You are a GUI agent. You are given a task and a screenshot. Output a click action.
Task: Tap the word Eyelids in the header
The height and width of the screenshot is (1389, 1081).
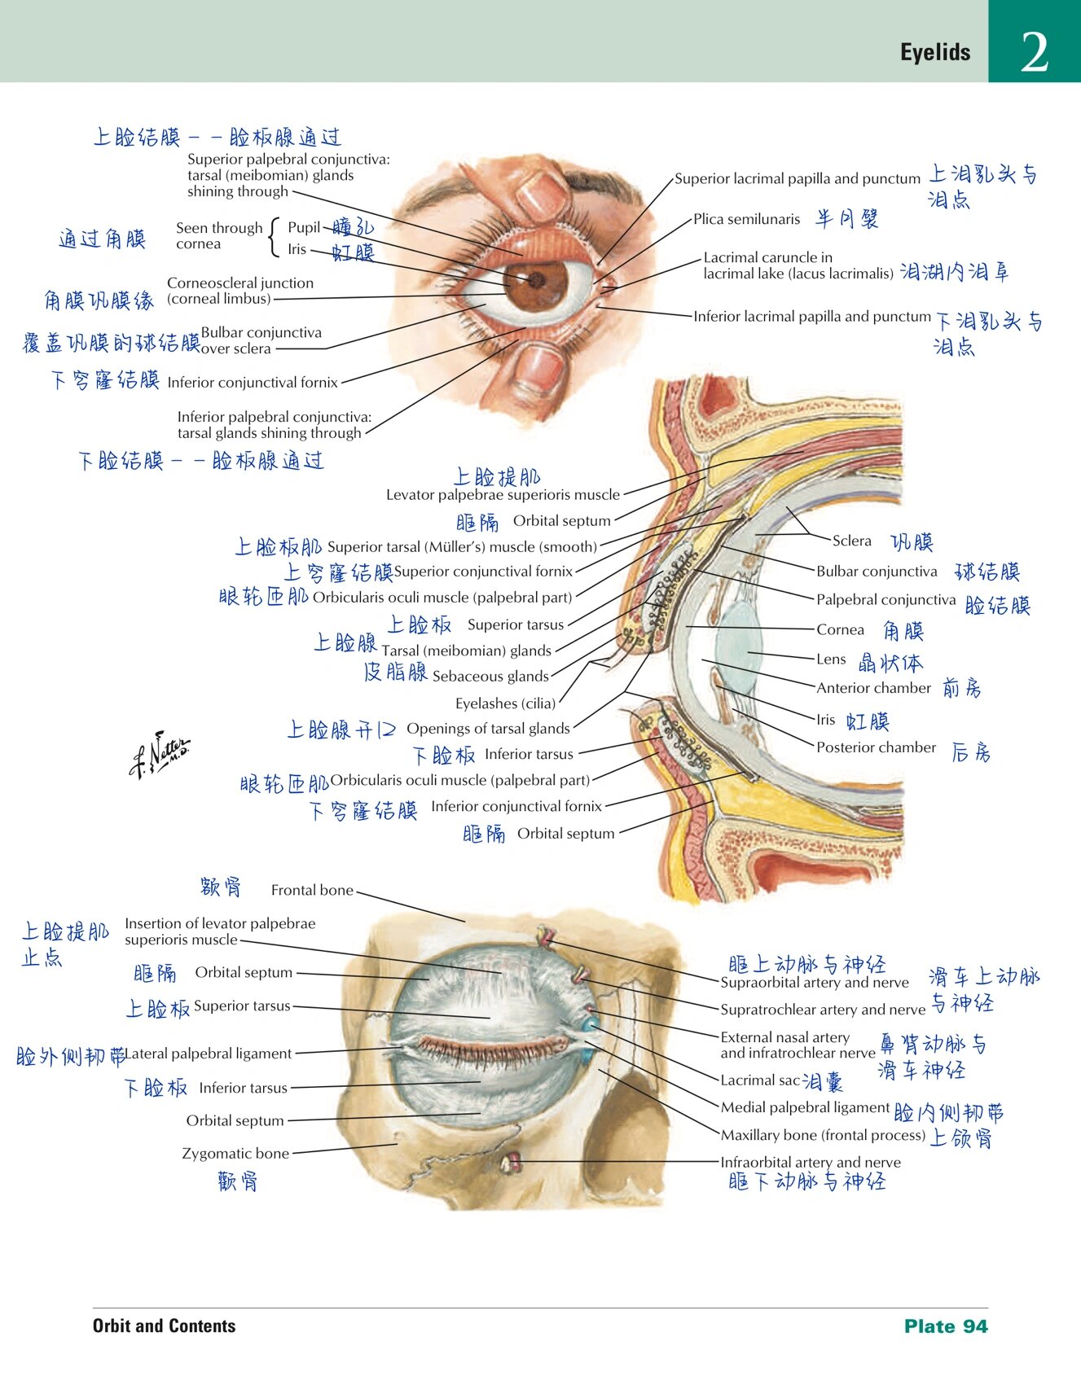tap(935, 53)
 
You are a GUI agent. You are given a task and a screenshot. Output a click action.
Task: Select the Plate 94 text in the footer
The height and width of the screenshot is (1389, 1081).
tap(945, 1326)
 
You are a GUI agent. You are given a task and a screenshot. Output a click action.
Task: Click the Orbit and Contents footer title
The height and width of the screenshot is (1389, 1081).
tap(164, 1325)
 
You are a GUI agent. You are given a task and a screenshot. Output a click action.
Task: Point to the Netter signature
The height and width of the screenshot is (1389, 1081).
tap(160, 754)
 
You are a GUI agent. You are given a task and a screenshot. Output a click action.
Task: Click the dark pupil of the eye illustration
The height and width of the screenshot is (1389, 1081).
tap(536, 280)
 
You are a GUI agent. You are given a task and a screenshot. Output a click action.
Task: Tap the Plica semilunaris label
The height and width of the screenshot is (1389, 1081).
tap(746, 219)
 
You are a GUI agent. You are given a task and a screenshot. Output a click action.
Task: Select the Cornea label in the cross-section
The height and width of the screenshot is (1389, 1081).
tap(840, 629)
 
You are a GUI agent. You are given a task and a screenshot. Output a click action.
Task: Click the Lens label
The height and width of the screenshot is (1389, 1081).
tap(831, 659)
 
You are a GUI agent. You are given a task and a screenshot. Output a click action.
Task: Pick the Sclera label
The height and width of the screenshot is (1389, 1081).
tap(851, 541)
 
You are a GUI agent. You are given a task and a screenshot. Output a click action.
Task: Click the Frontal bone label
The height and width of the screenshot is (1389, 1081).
tap(312, 891)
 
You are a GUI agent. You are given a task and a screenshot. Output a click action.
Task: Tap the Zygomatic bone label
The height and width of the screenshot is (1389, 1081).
tap(235, 1153)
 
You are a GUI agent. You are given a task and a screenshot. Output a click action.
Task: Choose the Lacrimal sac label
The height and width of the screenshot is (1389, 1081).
tap(760, 1080)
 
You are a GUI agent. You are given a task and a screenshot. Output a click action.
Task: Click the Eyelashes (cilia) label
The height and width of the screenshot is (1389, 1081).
tap(505, 703)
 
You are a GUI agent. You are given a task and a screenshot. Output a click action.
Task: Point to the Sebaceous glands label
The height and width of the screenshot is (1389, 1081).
tap(490, 676)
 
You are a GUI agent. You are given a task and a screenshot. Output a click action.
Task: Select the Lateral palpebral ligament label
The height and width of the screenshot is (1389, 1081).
tap(209, 1054)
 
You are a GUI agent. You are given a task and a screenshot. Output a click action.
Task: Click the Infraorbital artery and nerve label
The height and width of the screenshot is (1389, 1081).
tap(811, 1162)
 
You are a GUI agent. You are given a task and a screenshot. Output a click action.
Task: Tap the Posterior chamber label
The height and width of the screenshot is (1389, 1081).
tap(876, 747)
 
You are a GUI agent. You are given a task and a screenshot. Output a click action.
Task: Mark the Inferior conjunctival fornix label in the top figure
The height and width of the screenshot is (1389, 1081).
tap(253, 383)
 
